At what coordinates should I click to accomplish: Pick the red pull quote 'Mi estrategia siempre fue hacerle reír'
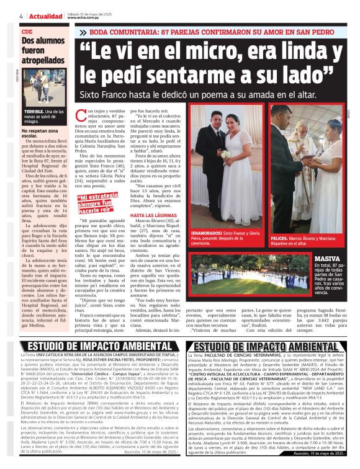(x=100, y=202)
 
